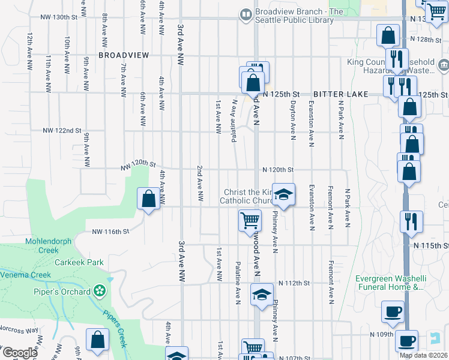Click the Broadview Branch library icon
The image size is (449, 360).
click(x=246, y=15)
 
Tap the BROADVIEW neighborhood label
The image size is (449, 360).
click(x=123, y=55)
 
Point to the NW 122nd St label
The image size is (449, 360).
click(x=62, y=130)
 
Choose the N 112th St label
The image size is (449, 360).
click(x=294, y=283)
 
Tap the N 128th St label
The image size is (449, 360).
click(x=426, y=39)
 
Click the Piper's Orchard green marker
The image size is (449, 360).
click(x=99, y=292)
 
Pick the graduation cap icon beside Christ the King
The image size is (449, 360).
click(x=283, y=194)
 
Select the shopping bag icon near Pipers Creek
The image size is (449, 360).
click(x=97, y=340)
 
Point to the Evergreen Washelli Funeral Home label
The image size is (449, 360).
click(x=389, y=283)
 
